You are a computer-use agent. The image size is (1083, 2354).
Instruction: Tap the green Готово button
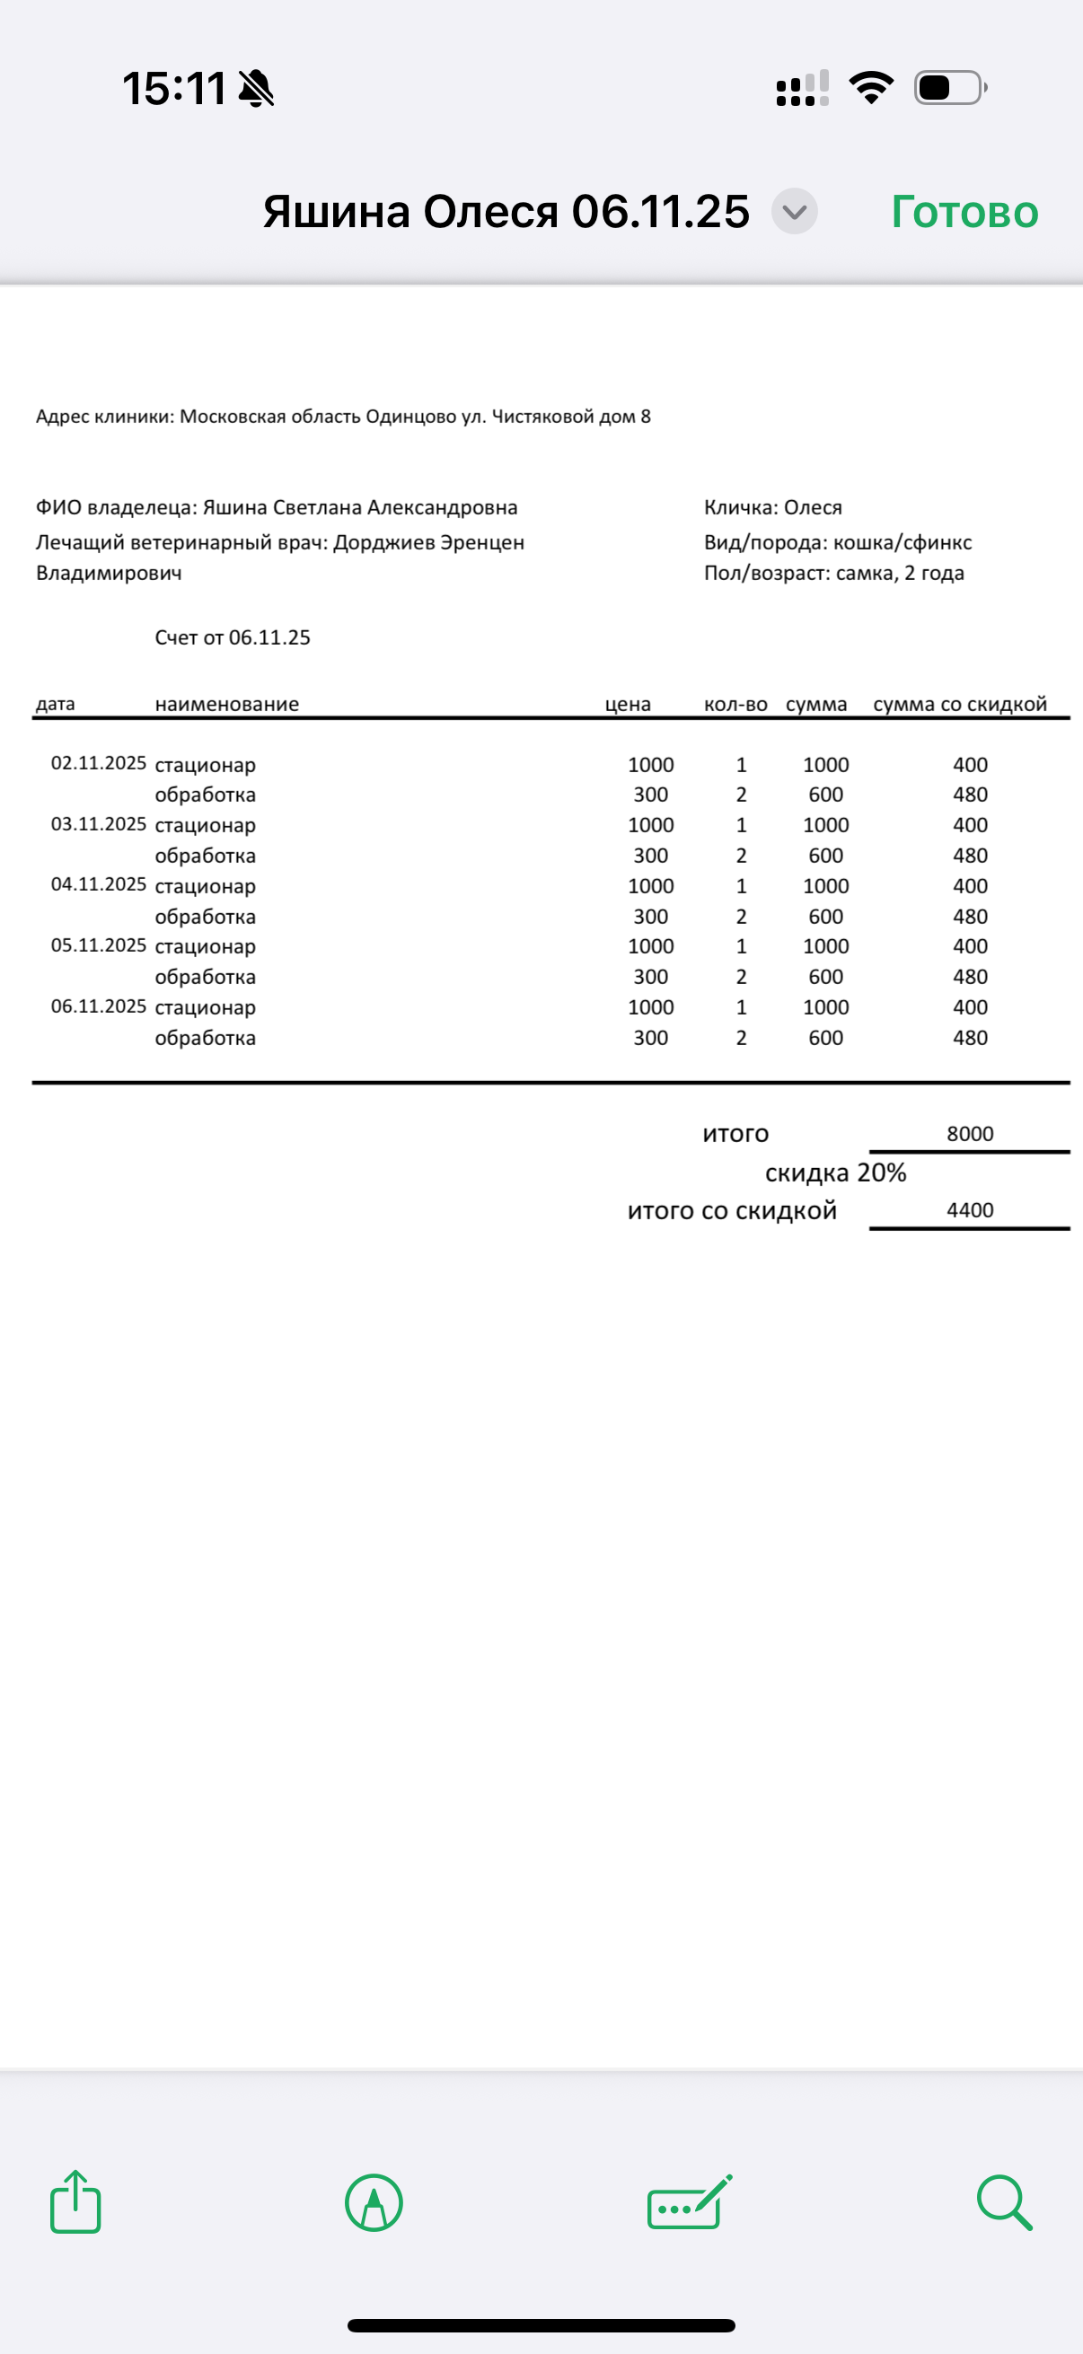[964, 212]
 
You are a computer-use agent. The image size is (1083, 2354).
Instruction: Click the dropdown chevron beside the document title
[794, 212]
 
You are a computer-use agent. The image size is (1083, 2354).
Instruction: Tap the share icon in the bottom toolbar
[75, 2202]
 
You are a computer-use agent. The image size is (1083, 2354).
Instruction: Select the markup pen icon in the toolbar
[374, 2202]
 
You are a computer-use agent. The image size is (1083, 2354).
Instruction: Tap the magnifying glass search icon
[1004, 2202]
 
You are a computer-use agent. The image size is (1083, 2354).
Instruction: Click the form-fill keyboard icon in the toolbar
[689, 2202]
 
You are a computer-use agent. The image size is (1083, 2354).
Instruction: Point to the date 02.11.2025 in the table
[99, 763]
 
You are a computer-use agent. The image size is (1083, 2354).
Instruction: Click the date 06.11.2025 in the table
[99, 1006]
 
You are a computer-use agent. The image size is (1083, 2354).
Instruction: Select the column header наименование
[226, 704]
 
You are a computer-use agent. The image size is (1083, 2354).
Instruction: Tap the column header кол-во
[735, 704]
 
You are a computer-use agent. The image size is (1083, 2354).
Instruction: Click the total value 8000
[970, 1134]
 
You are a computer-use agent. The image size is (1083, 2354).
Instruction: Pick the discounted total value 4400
[970, 1210]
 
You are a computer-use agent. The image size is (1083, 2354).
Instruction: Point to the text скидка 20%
[835, 1173]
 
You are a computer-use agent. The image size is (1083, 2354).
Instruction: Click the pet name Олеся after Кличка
[813, 507]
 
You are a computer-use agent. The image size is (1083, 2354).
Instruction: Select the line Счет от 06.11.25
[233, 637]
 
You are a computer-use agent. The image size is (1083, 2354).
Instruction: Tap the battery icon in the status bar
[949, 88]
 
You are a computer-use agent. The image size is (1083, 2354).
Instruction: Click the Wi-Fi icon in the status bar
[871, 88]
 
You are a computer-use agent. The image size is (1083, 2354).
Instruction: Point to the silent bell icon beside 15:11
[256, 89]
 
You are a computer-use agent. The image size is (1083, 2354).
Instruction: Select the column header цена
[628, 704]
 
